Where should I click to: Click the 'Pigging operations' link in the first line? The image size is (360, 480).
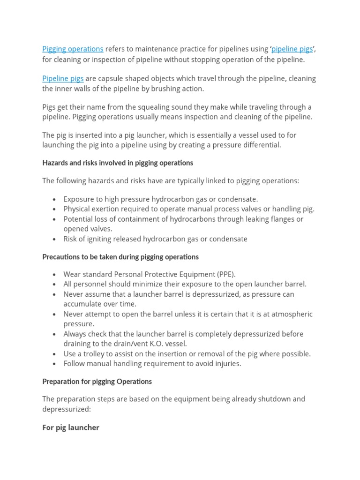point(73,49)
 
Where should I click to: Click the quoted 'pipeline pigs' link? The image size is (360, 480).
point(292,49)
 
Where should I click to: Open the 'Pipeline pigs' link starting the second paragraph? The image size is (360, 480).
point(63,79)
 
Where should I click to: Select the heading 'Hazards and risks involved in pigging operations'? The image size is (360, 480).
point(118,163)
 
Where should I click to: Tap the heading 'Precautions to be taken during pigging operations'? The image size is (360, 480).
point(120,257)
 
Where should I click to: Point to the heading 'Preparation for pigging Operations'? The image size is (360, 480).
point(97,382)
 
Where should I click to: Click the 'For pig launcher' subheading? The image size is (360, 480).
point(71,427)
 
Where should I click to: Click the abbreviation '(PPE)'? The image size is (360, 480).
point(225,274)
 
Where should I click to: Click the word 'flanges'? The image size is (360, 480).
point(279,219)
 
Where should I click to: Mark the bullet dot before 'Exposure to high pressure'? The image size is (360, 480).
point(55,199)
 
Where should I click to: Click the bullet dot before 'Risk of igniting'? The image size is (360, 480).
point(55,239)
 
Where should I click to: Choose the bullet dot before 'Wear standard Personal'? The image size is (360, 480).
point(55,275)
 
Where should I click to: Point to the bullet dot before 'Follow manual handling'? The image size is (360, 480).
point(55,364)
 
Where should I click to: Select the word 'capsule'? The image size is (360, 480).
point(112,79)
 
